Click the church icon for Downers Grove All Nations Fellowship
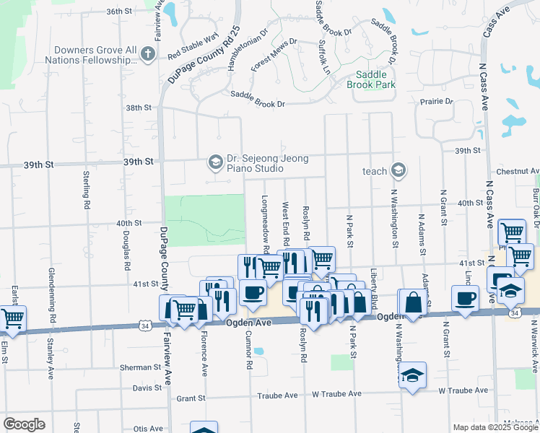pos(148,54)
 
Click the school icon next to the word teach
pos(397,170)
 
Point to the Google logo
pos(24,424)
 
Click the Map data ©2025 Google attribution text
pos(495,427)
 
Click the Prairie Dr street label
pos(438,102)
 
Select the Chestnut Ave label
pos(513,172)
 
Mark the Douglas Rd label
pos(125,255)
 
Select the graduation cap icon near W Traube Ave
pos(413,375)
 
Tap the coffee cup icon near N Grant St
pos(465,297)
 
